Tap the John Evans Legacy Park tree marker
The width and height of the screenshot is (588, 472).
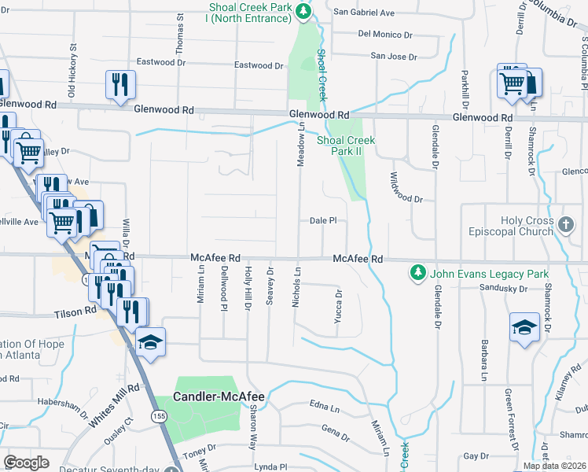tap(417, 274)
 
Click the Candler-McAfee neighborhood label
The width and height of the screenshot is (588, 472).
tap(219, 397)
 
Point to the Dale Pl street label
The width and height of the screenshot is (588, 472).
tap(323, 221)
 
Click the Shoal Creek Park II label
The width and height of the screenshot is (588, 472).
tap(346, 146)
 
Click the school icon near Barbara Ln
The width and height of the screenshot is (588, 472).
tap(524, 328)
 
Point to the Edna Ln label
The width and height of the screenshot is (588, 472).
tap(324, 407)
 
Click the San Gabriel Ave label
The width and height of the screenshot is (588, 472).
tap(364, 13)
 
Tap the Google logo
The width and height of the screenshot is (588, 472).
tap(27, 462)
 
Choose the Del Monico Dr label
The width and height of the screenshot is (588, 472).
tap(385, 35)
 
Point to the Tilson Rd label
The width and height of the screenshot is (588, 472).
tap(75, 312)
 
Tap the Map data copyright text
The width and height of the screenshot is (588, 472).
tap(553, 466)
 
